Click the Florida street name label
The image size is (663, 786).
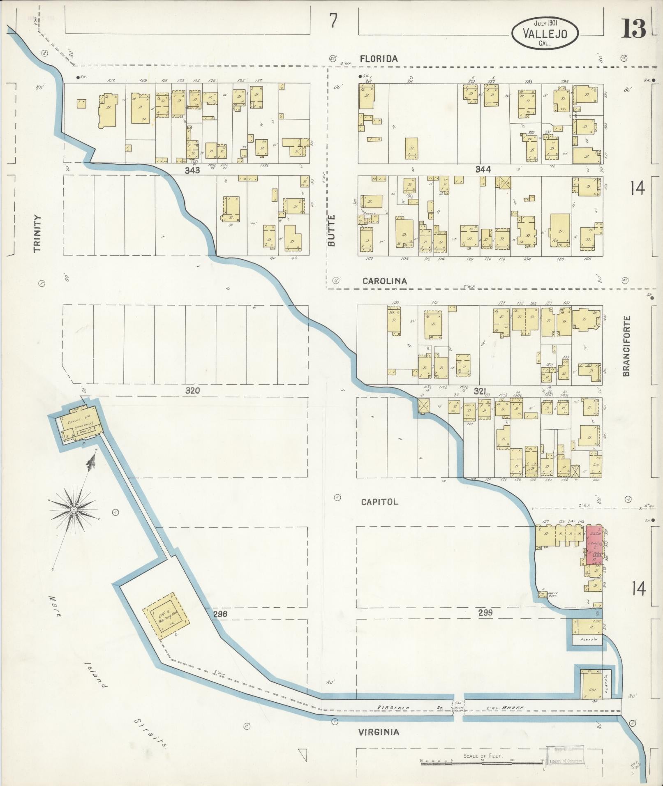(379, 59)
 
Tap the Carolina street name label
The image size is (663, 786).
(385, 281)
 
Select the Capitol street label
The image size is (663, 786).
(379, 502)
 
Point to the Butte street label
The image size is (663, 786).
(332, 230)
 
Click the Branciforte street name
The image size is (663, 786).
(626, 346)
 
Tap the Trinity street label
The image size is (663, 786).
(38, 234)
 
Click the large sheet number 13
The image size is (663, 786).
(633, 29)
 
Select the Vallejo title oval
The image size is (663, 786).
(545, 34)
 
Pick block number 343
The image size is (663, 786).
(192, 170)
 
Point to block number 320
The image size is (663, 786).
(192, 390)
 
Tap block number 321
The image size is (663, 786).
(480, 392)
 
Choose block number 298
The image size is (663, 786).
(220, 614)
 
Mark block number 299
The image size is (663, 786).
(485, 613)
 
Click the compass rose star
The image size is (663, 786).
(74, 510)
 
